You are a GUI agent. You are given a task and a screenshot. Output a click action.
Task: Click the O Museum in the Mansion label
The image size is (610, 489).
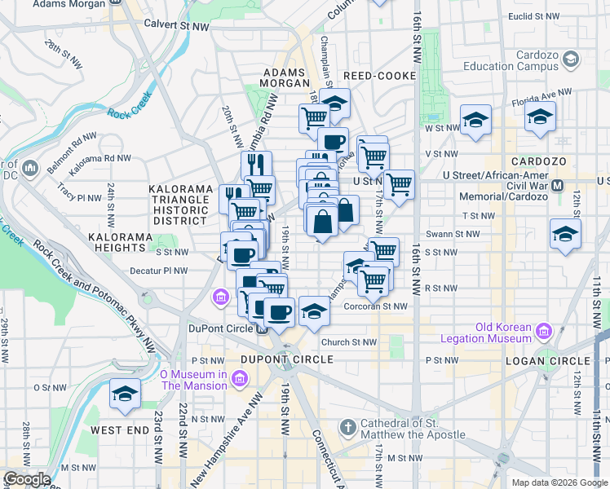(192, 380)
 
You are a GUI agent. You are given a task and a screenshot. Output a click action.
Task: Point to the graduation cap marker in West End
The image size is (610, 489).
(125, 394)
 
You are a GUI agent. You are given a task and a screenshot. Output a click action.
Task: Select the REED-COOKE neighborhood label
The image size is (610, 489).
(379, 76)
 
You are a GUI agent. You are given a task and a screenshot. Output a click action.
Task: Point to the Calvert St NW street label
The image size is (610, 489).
(179, 24)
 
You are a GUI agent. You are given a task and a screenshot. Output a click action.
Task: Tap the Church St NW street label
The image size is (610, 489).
(348, 342)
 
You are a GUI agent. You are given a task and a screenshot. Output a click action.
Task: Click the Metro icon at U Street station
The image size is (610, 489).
(558, 185)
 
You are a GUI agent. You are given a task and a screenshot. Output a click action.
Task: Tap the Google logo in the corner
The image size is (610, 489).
(27, 478)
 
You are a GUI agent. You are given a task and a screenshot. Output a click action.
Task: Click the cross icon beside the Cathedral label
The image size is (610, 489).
(347, 427)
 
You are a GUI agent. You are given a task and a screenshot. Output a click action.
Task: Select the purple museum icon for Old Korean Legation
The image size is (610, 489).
(544, 332)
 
